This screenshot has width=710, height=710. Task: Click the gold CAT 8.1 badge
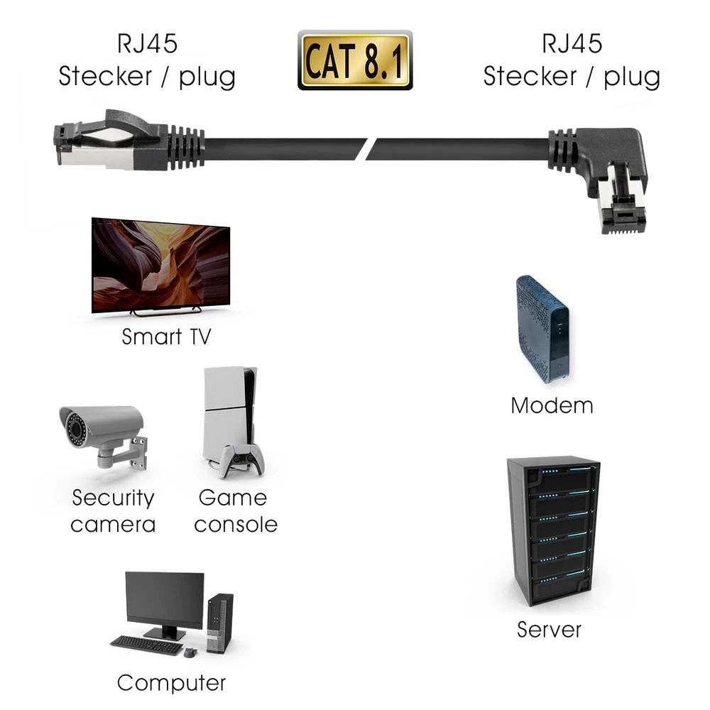354,60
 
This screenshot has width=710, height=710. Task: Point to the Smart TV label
166,337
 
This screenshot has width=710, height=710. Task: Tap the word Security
113,498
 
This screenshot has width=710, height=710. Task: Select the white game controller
241,460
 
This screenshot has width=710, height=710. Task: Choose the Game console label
235,511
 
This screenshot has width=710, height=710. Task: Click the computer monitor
164,601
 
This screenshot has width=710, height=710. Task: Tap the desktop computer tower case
220,623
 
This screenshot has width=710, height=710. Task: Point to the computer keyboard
146,644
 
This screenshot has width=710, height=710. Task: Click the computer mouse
190,652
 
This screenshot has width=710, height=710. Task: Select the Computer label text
171,683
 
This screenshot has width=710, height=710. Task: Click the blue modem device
542,327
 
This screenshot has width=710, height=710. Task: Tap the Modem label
552,405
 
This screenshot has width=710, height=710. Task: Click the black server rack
552,529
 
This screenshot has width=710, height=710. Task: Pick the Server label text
549,629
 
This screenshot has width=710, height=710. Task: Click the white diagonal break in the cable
366,149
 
